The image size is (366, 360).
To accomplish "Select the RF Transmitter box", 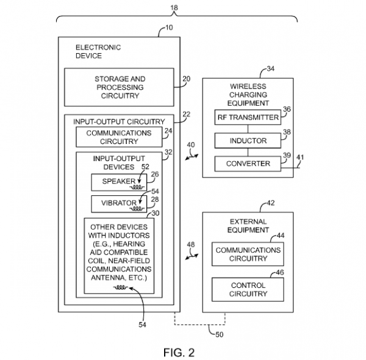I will tap(247, 117).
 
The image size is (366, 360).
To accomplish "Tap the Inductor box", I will tap(247, 141).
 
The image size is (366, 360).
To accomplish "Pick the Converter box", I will tap(247, 164).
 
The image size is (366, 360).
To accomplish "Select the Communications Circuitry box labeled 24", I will tap(120, 137).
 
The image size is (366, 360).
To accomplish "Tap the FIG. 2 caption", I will tap(182, 352).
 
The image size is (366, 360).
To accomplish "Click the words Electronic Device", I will tap(98, 51).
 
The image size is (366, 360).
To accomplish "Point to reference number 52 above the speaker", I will tap(145, 167).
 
